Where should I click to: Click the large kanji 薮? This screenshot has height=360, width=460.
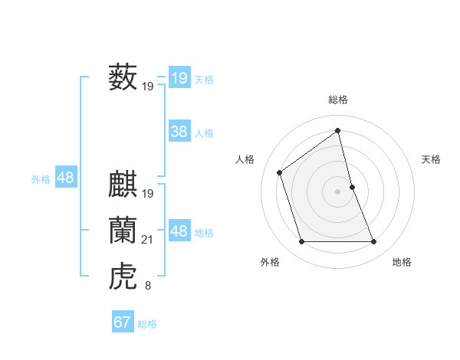123,77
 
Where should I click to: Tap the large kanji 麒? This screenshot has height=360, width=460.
123,185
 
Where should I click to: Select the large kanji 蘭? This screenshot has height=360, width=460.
123,231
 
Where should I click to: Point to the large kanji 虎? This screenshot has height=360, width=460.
123,277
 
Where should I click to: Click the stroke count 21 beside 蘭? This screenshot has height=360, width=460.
148,241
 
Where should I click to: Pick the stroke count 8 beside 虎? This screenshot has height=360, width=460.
148,286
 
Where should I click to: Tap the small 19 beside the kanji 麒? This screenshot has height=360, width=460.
148,194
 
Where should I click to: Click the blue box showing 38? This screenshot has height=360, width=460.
179,132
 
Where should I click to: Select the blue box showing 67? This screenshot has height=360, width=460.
122,322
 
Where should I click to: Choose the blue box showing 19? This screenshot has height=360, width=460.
179,78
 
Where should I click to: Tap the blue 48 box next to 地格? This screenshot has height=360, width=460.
179,231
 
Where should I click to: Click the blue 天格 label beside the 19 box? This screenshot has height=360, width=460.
204,80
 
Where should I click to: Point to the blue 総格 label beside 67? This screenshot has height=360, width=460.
147,324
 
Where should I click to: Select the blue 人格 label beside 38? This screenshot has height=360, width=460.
204,133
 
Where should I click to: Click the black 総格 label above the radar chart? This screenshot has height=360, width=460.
337,100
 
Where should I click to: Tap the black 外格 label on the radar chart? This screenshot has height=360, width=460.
270,262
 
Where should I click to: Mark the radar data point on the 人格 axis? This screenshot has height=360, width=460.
280,172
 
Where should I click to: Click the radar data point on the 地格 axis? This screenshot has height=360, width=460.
374,242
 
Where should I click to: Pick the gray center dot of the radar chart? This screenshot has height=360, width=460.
337,191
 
